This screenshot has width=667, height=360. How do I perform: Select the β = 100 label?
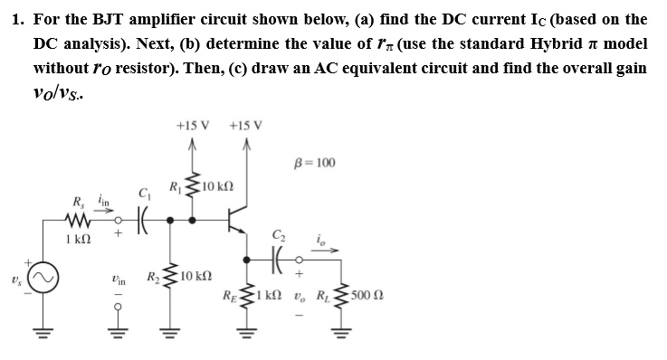[x=316, y=163]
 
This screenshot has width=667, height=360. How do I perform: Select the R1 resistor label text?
[x=176, y=187]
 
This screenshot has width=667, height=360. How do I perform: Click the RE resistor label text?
[x=233, y=295]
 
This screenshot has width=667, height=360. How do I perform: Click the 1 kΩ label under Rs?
[x=77, y=239]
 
